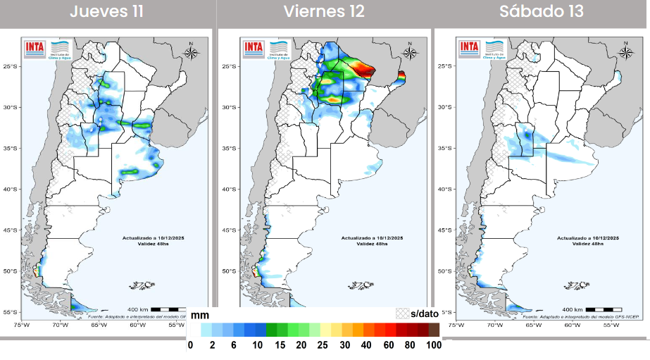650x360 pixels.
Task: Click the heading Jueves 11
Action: (107, 12)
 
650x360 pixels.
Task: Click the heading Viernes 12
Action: (324, 12)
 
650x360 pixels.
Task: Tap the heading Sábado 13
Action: (542, 12)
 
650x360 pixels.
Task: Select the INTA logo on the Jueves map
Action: (35, 47)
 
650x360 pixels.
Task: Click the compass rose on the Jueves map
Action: (192, 50)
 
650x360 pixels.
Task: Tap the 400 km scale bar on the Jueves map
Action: (168, 309)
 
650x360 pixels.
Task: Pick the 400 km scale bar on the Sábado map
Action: (603, 309)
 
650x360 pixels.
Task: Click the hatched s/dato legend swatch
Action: (402, 314)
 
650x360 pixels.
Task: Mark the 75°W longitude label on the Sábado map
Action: (456, 325)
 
